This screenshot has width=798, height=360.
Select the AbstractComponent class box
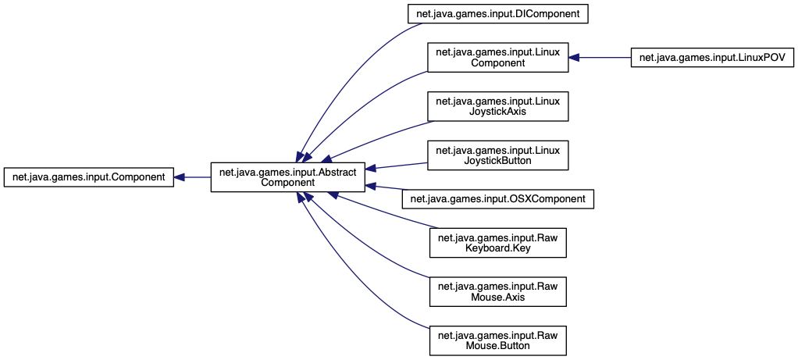(287, 177)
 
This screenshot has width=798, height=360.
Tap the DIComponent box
(497, 13)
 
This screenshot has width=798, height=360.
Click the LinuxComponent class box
(497, 58)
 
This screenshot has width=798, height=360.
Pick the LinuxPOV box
(712, 58)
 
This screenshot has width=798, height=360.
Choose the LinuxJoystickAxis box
(497, 106)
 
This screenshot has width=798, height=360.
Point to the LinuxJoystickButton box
(497, 155)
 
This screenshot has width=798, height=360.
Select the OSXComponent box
(497, 199)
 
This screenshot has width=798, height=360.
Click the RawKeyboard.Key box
(497, 244)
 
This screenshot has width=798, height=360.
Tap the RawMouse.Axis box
(497, 292)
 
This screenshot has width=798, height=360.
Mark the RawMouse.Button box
(497, 340)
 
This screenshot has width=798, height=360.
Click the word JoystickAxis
(498, 112)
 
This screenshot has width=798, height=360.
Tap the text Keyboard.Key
(498, 249)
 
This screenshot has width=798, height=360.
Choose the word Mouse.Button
(498, 346)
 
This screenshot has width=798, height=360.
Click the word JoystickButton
(498, 160)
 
